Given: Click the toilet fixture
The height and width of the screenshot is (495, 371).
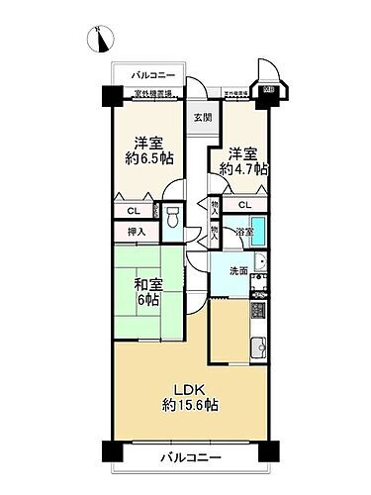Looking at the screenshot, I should (x=173, y=217).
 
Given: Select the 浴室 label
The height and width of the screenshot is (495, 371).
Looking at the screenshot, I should (x=243, y=233).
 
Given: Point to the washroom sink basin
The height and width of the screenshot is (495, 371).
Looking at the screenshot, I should (x=261, y=263).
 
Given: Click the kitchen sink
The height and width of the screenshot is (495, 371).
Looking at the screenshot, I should (x=259, y=347).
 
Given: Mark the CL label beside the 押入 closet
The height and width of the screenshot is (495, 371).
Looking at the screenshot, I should (x=134, y=211).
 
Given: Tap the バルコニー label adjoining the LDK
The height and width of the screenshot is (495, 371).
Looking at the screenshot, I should (x=187, y=457).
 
